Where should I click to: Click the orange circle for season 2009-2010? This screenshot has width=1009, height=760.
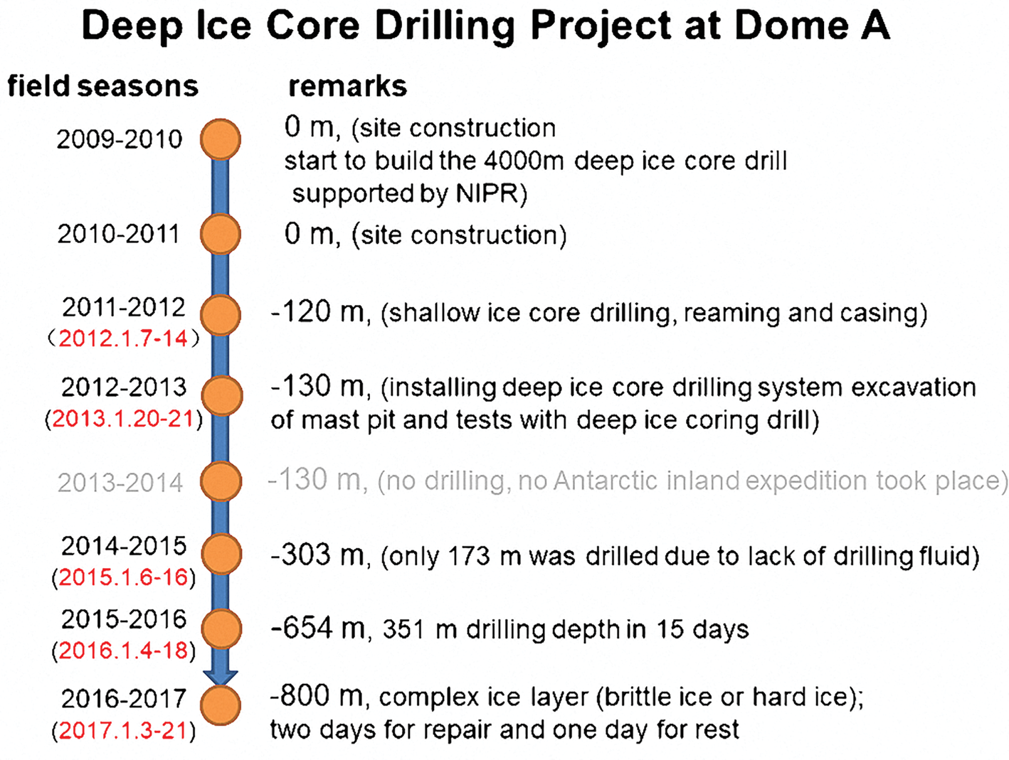click(x=220, y=139)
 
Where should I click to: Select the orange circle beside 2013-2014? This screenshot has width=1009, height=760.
click(x=221, y=481)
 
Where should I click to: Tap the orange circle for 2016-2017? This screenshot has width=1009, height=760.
click(x=221, y=705)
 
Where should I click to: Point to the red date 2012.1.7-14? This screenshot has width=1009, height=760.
click(x=123, y=339)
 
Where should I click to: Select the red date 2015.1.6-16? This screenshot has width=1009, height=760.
click(x=124, y=577)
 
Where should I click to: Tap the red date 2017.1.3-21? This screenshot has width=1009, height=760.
click(x=124, y=731)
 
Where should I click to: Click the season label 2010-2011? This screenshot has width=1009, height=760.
click(x=118, y=234)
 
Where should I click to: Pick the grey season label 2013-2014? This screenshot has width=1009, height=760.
click(x=120, y=483)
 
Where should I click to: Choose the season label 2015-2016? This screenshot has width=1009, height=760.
click(x=124, y=619)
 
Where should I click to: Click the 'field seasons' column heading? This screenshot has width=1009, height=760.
click(x=103, y=86)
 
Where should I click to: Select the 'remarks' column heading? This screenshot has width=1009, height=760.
click(x=347, y=87)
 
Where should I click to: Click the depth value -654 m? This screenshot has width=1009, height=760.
click(x=318, y=628)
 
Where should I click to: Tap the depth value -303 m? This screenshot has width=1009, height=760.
click(x=318, y=555)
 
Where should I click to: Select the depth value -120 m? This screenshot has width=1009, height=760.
click(x=318, y=312)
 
